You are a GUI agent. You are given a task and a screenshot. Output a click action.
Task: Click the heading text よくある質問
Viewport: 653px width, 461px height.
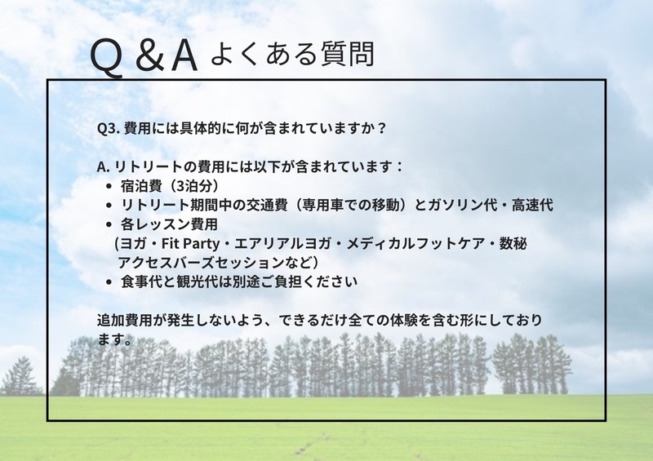[x=293, y=54]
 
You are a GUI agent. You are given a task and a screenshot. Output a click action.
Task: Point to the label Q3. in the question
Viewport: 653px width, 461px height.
[x=109, y=128]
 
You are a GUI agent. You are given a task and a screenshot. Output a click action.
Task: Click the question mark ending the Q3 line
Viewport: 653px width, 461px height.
[x=381, y=127]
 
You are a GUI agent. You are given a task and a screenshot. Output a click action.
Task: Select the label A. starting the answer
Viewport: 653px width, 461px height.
[x=103, y=167]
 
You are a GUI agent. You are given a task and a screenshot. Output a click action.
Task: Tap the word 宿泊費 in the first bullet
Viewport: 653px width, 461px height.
[x=141, y=186]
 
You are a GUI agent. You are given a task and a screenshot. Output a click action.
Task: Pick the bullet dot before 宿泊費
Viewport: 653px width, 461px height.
[x=109, y=187]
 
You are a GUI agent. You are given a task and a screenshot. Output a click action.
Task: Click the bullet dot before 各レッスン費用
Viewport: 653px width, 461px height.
[x=109, y=225]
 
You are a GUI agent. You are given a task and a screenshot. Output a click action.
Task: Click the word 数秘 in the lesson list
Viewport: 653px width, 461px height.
[x=513, y=243]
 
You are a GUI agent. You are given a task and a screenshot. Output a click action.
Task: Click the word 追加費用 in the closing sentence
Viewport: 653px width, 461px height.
[x=125, y=320]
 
